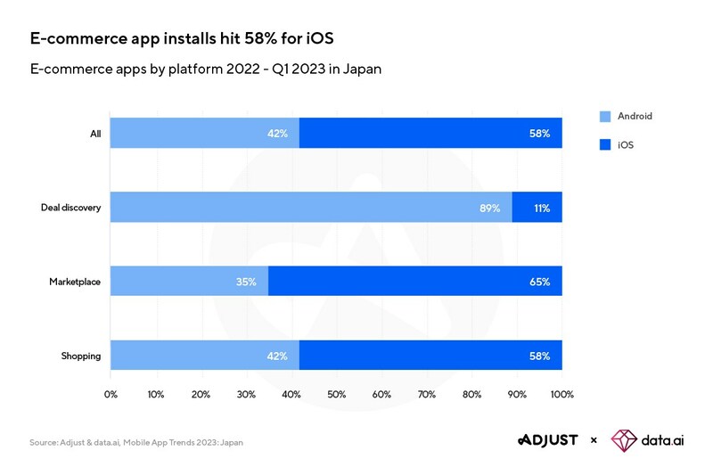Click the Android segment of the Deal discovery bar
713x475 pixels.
pos(311,207)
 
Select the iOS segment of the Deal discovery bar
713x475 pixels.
pos(537,207)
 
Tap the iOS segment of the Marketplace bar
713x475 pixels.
pos(414,281)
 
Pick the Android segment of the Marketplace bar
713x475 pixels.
pos(189,281)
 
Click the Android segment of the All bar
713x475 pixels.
pos(205,133)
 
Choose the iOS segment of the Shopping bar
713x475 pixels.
pos(430,355)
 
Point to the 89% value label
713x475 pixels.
pos(489,208)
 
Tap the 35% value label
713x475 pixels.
pos(246,282)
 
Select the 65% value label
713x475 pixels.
pos(538,282)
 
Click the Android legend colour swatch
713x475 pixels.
pos(605,116)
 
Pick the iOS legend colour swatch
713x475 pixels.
pos(605,143)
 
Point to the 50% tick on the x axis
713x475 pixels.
pos(336,394)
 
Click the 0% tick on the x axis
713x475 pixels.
pos(111,394)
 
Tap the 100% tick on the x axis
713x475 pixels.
pos(561,394)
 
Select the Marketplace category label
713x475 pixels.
pos(75,282)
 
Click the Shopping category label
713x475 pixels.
pos(80,356)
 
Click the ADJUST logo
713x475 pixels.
pos(547,439)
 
